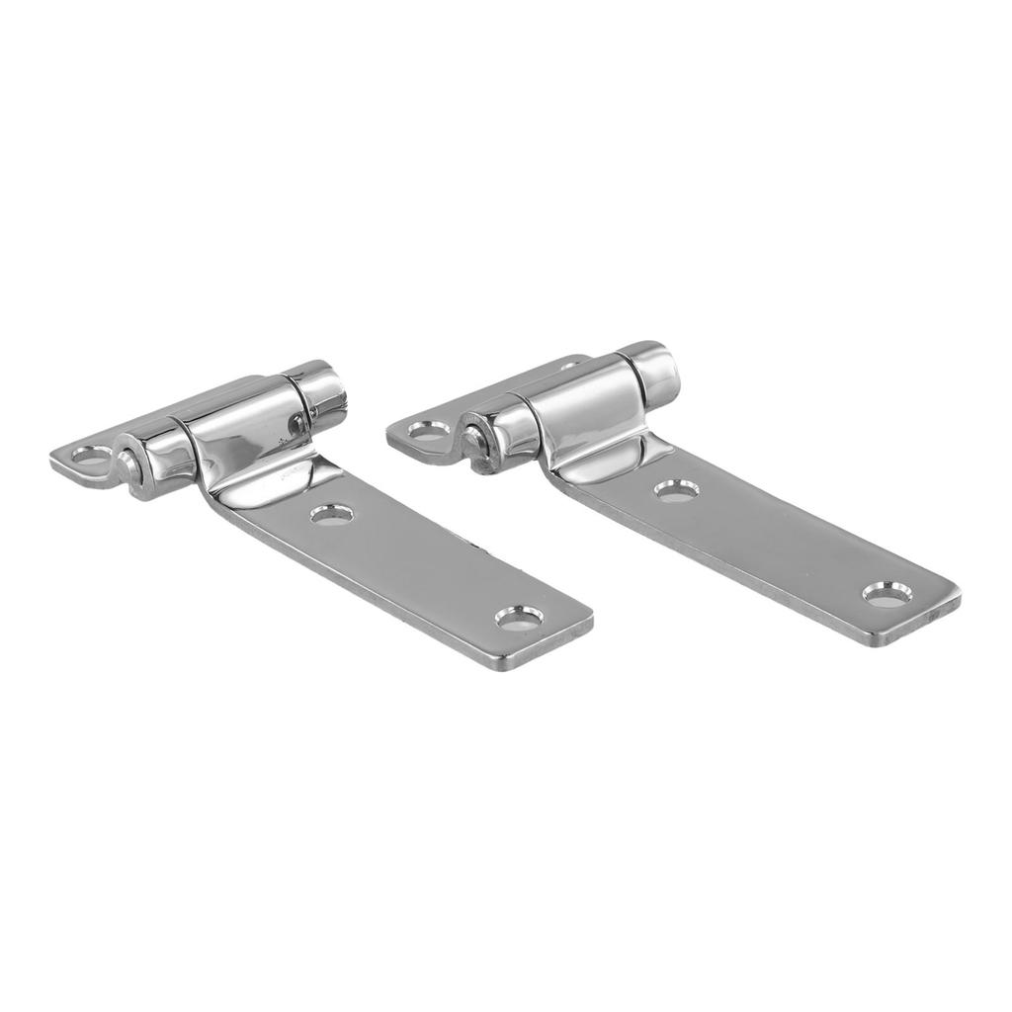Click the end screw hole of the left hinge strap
tap(519, 618)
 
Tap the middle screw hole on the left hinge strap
tap(333, 513)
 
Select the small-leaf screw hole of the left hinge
tap(92, 457)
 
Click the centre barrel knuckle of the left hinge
tap(242, 436)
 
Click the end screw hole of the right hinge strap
tap(886, 593)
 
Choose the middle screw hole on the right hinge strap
tap(677, 489)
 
